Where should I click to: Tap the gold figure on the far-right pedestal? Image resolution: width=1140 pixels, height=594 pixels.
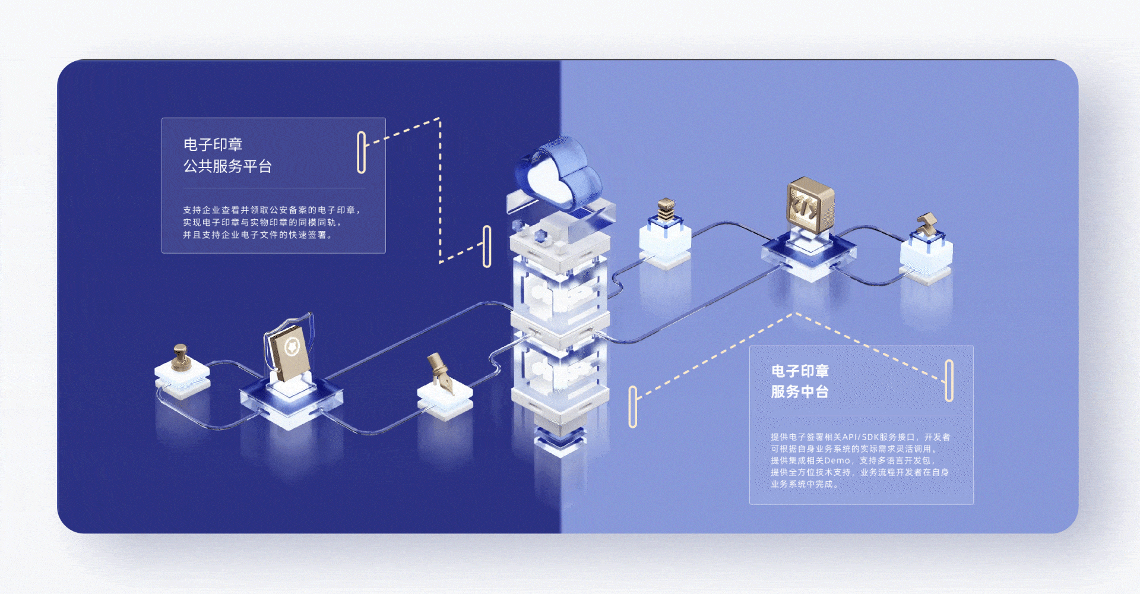[926, 225]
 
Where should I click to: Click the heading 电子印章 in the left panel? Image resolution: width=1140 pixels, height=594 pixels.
[213, 144]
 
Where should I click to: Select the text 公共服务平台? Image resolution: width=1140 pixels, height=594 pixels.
[227, 166]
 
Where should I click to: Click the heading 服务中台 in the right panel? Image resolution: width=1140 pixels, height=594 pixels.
[799, 392]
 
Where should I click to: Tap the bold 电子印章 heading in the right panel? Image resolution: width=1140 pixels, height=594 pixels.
[800, 371]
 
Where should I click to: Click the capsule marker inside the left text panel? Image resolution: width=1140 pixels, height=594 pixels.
[361, 152]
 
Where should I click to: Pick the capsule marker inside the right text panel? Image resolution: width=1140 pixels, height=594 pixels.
[949, 380]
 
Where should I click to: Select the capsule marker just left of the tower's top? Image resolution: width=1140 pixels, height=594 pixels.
[487, 246]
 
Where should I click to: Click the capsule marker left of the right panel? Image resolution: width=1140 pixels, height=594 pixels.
[632, 407]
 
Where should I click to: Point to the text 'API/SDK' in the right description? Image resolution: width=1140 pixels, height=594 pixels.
[860, 437]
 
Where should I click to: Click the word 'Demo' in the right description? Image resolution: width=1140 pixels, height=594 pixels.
[837, 461]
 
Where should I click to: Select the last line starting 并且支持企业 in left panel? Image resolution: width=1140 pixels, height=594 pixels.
[257, 235]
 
